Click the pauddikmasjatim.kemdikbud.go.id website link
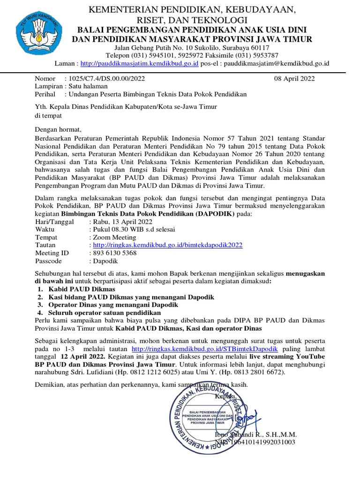[x=140, y=63]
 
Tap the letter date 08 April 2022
[x=294, y=79]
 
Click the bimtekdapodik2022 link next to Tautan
[x=168, y=245]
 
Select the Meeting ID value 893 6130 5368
[x=115, y=253]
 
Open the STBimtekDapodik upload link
[x=205, y=350]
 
